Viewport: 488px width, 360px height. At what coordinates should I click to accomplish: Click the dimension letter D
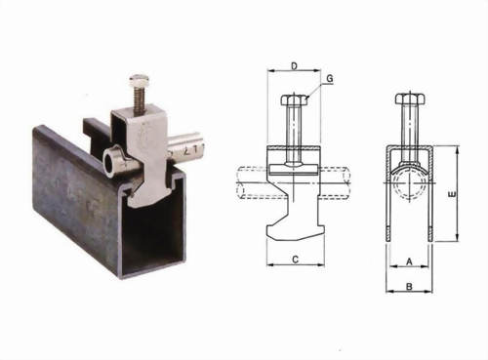[x=294, y=65]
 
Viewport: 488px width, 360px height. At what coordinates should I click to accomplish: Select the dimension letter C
[x=294, y=260]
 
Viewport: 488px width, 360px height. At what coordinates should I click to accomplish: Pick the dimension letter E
[x=450, y=195]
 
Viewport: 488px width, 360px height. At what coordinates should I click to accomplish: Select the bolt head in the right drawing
[x=409, y=100]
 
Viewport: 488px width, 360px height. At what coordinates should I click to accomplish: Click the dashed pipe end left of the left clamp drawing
[x=249, y=182]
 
